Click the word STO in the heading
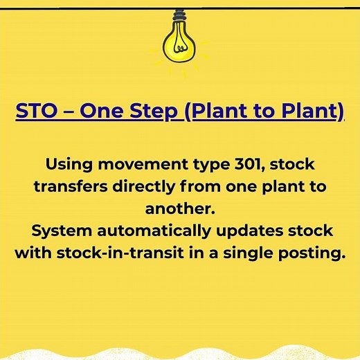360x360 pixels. click(x=35, y=112)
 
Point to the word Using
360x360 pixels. click(x=71, y=166)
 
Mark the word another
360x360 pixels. click(x=179, y=209)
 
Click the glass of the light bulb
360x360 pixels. click(x=179, y=42)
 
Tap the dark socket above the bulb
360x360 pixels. click(x=179, y=17)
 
